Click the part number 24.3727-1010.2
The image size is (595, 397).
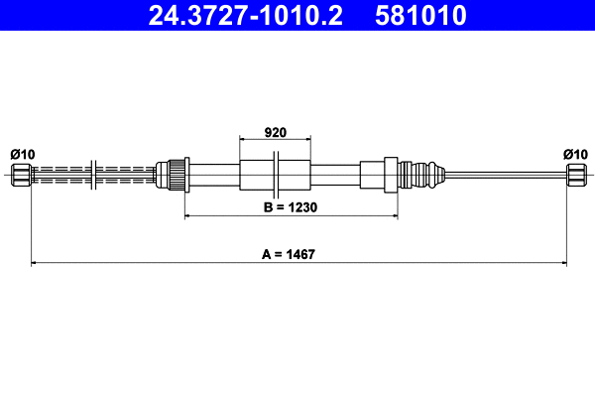click(247, 16)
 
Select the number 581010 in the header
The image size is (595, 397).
click(419, 16)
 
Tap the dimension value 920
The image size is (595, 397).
click(275, 131)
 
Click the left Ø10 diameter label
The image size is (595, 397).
click(22, 153)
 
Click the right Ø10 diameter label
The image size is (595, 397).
click(575, 153)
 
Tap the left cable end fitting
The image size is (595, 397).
click(20, 176)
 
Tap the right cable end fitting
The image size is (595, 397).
click(576, 176)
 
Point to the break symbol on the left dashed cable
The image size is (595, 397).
click(91, 176)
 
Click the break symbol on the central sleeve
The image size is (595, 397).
click(279, 176)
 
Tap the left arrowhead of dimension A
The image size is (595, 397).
click(36, 263)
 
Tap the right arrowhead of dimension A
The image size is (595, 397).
click(563, 263)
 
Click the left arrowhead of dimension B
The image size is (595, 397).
click(188, 216)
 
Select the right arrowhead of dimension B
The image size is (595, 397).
click(395, 216)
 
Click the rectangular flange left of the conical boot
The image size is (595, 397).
click(391, 176)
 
